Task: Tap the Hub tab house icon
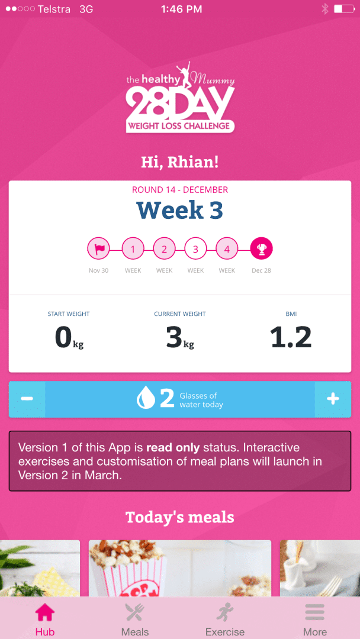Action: click(45, 612)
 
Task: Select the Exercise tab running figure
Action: click(225, 612)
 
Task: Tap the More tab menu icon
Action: click(315, 612)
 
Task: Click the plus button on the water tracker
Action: click(333, 399)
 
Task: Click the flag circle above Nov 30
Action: click(99, 249)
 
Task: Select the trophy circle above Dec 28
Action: click(261, 249)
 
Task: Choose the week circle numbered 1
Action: click(133, 249)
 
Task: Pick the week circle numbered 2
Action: click(164, 249)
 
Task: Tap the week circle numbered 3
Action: click(195, 249)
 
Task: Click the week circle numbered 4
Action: click(227, 249)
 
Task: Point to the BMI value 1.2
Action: click(291, 337)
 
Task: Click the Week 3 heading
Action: click(179, 211)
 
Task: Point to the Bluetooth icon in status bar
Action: click(324, 9)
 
